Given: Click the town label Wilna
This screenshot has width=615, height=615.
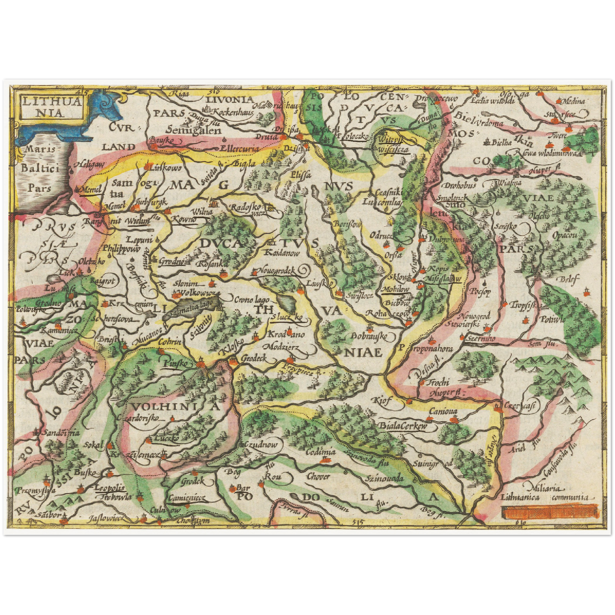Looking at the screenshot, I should [202, 211].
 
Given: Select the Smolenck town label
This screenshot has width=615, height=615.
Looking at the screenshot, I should [452, 198].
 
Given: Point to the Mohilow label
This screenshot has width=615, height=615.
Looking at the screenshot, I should [396, 289].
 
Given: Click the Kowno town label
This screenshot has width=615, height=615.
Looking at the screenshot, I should [184, 219].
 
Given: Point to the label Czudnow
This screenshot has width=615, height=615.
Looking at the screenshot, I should [260, 444].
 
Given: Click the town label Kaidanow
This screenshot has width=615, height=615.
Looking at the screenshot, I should [282, 252].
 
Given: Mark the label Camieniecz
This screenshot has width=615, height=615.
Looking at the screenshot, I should [186, 498].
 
